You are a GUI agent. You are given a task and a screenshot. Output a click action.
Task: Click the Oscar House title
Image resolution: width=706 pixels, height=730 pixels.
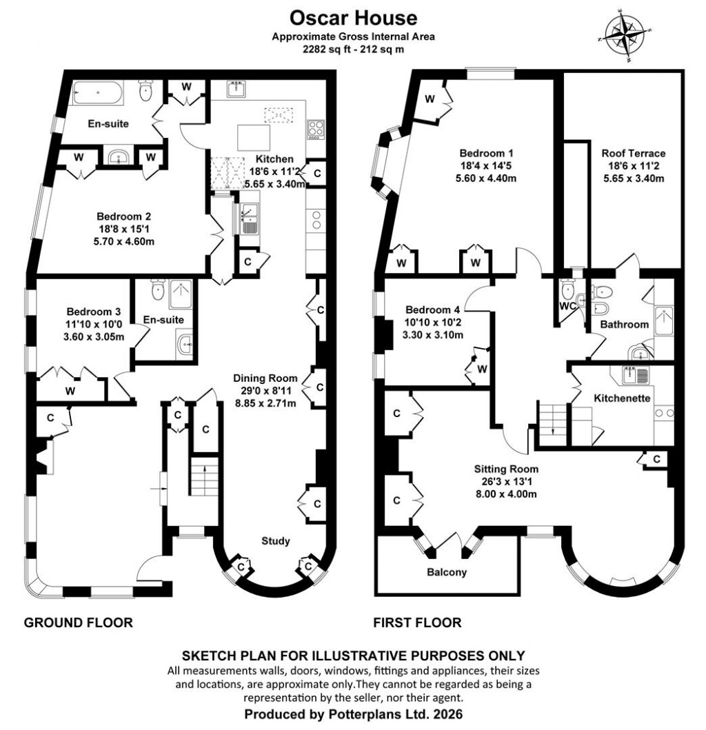pos(352,16)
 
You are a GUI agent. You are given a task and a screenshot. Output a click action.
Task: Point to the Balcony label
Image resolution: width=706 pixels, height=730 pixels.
pos(447,572)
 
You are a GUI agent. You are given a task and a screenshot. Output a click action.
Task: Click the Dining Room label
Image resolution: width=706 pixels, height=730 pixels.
pos(265,378)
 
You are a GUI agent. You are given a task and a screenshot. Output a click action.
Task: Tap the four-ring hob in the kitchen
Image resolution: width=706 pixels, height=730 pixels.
pos(315,129)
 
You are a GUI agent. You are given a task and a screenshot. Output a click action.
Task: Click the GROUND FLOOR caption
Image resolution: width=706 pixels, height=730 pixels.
pos(78,623)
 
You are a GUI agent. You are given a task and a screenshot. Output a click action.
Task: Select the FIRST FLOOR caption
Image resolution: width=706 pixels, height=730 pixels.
pos(417,623)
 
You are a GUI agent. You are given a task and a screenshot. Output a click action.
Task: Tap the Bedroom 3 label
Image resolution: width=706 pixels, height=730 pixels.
pos(94,311)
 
